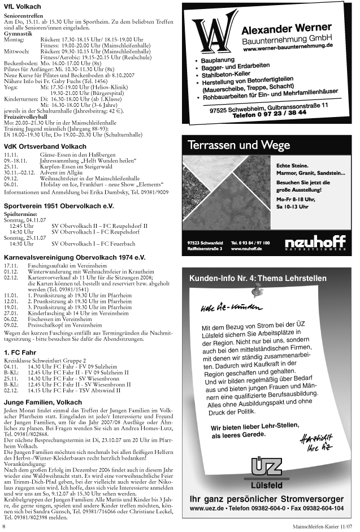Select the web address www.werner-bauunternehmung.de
(x=288, y=50)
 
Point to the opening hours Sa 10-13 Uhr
(x=292, y=207)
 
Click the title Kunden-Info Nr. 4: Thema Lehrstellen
(x=258, y=278)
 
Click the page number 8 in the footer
(x=5, y=527)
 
